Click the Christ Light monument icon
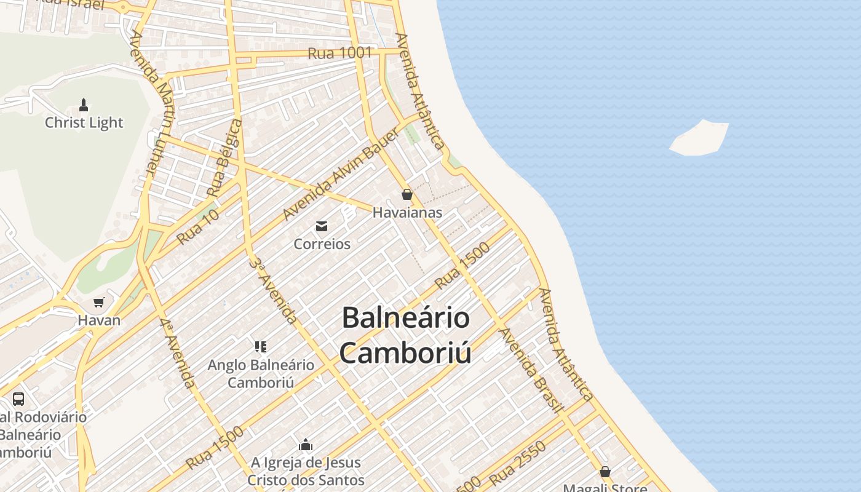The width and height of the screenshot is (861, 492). click(84, 105)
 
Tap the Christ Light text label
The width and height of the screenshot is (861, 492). click(84, 122)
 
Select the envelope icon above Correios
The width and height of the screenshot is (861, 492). click(322, 226)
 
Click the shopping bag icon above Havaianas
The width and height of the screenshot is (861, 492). click(407, 195)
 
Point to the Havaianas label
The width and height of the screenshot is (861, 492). click(407, 213)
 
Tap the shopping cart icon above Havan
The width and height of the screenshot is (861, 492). click(98, 302)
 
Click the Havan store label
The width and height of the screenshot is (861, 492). click(99, 320)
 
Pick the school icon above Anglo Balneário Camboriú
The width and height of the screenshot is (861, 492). click(261, 347)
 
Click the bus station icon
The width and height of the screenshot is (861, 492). click(18, 399)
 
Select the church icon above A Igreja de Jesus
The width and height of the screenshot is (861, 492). click(306, 445)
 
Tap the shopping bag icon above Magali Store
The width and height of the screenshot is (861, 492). click(605, 472)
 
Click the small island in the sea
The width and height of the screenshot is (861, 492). click(700, 138)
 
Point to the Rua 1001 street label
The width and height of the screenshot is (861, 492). click(339, 54)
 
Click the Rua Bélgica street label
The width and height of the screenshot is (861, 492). click(225, 158)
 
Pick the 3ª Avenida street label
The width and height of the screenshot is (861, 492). click(274, 289)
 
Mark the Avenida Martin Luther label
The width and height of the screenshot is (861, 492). click(151, 102)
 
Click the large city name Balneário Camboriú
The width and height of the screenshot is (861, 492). click(405, 336)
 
